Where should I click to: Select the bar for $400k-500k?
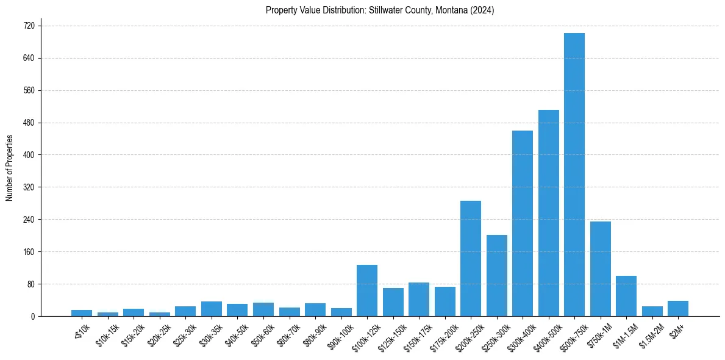coord(548,213)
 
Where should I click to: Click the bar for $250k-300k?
coord(496,275)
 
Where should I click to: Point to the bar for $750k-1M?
coord(600,268)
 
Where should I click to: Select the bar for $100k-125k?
coord(367,290)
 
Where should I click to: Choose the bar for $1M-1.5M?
coord(626,296)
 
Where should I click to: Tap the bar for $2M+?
coord(678,308)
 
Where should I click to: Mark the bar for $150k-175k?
coord(419,299)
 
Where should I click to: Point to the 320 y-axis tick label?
coord(29,187)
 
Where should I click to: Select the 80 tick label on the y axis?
coord(30,284)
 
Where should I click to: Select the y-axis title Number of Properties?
coord(9,168)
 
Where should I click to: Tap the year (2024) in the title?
coord(482,10)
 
